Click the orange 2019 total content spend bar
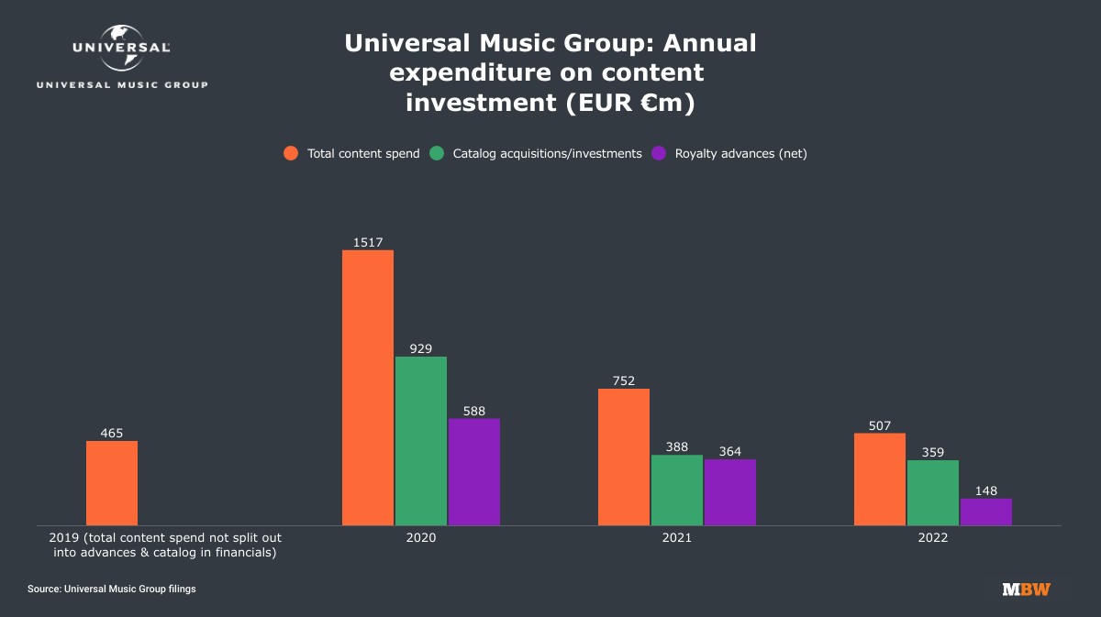pos(112,483)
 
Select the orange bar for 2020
pos(368,388)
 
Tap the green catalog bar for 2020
pos(421,441)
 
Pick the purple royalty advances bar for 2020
pos(474,472)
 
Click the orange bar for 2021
pos(624,457)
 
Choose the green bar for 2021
pos(677,490)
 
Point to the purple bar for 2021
pos(730,492)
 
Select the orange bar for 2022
pos(880,479)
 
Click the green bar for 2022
pos(933,493)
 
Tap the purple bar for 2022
pos(986,512)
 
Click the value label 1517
pos(368,242)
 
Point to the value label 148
pos(986,491)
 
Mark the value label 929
pos(421,349)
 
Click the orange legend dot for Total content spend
pos(292,154)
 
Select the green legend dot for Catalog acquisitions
pos(438,154)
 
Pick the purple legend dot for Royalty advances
pos(659,154)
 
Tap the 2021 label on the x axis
pos(677,538)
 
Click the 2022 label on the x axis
pos(933,538)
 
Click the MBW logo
pos(1026,589)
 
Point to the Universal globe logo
pos(122,48)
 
